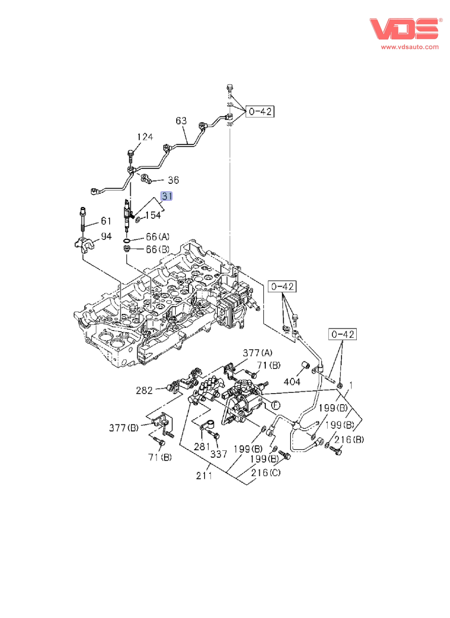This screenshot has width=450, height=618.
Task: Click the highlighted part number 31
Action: [167, 196]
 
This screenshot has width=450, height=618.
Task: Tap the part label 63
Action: [181, 121]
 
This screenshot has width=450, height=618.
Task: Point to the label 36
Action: [173, 180]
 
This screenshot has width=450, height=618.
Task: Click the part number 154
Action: [153, 215]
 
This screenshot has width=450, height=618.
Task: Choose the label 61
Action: [106, 221]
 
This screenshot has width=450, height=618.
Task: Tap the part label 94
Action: [106, 236]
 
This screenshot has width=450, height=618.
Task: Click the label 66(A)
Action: [157, 237]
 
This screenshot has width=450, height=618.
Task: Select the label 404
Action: [292, 382]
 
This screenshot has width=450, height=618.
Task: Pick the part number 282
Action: [144, 391]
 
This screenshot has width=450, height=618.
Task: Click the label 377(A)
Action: [257, 353]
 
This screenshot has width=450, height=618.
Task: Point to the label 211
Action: [204, 476]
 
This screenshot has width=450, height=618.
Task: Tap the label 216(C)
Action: [265, 473]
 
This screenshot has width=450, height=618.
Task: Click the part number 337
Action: [218, 454]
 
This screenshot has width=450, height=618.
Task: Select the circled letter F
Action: [276, 405]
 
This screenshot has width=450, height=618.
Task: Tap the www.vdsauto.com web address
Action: [410, 47]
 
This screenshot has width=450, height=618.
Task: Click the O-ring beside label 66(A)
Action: [126, 241]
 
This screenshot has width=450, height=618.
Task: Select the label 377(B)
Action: [124, 428]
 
